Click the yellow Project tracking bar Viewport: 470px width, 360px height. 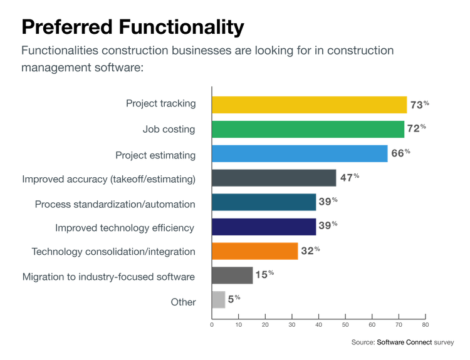(x=310, y=105)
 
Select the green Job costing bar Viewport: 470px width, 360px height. (x=308, y=129)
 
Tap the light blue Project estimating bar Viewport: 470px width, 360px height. (x=300, y=153)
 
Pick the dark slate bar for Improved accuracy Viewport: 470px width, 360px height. (x=274, y=178)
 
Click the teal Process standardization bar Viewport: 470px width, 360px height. (x=264, y=202)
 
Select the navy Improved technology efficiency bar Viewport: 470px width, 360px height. (x=264, y=227)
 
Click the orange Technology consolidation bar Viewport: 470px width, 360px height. (x=255, y=251)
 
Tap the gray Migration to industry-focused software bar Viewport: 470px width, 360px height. (x=232, y=275)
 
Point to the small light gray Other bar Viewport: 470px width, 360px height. (x=219, y=300)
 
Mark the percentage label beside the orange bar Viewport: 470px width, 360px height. (x=311, y=250)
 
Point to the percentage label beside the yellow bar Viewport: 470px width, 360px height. (x=418, y=105)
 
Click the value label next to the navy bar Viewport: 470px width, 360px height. (x=329, y=225)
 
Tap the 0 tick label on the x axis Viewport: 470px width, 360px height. (x=212, y=324)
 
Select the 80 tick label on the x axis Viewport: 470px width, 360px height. (x=425, y=324)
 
